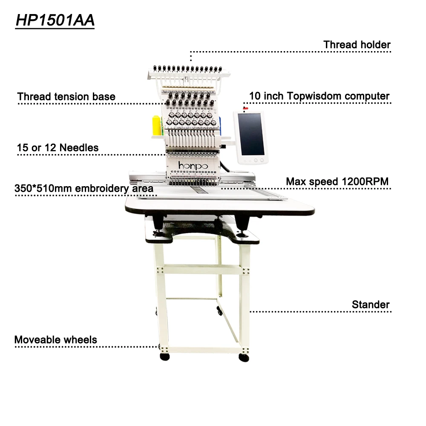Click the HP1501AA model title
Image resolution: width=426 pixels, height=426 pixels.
click(x=55, y=20)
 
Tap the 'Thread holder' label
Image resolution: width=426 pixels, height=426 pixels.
click(x=357, y=44)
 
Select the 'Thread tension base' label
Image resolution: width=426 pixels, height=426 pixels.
click(x=66, y=97)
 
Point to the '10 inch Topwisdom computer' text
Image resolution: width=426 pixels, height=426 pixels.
click(x=319, y=96)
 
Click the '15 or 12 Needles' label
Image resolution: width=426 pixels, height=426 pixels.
click(x=58, y=148)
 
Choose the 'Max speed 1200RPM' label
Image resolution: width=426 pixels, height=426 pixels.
click(x=337, y=181)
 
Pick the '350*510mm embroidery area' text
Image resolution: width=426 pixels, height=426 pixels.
click(x=83, y=188)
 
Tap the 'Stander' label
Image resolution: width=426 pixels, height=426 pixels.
click(x=370, y=305)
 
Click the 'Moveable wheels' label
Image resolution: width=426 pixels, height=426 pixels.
click(x=55, y=340)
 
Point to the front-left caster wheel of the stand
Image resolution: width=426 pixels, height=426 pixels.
click(x=164, y=356)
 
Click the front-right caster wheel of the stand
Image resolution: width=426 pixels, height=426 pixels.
click(x=244, y=357)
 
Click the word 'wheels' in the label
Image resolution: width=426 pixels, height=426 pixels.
click(x=81, y=340)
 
